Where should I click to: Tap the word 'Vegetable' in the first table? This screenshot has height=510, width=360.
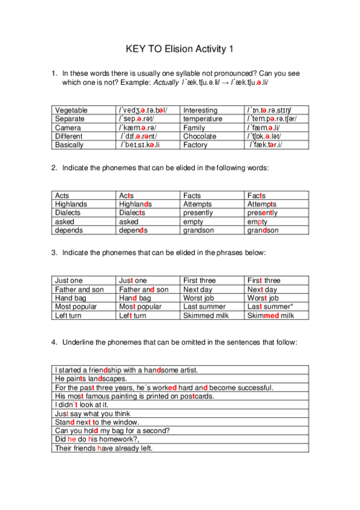click(71, 111)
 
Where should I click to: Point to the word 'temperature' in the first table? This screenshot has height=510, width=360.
click(203, 119)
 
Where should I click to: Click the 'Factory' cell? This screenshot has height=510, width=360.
click(195, 145)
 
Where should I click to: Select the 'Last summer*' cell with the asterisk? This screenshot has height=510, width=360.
click(270, 307)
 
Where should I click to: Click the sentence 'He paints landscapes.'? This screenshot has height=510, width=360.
click(90, 379)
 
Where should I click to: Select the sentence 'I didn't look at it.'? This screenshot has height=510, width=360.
click(83, 405)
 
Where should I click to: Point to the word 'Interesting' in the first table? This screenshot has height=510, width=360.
click(200, 111)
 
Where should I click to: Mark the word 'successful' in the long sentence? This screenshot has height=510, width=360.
click(254, 387)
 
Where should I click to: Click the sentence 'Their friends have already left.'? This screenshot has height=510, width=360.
click(103, 448)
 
